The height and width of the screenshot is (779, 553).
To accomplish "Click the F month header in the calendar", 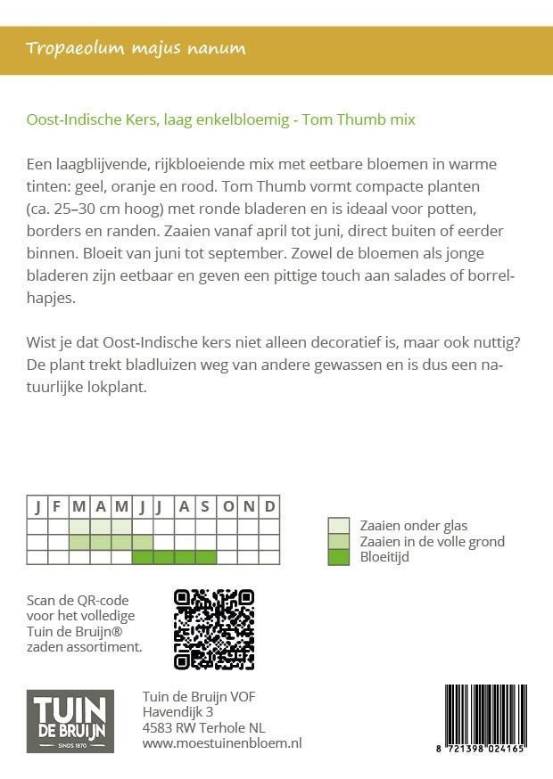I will pos(57,507).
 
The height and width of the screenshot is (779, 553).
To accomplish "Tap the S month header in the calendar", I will pos(206,507).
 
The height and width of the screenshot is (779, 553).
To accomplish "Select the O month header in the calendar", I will pos(227,507).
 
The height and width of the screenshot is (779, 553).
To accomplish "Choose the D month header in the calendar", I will pos(269,507).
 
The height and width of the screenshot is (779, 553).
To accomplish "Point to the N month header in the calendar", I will pos(249,507).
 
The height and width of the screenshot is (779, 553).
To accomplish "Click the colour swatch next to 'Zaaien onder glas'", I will pos(339,526).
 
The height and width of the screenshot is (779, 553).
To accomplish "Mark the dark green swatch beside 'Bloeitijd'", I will pos(339,557).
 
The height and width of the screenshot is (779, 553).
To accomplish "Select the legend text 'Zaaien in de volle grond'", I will pos(432,542).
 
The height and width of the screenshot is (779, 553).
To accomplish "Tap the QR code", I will pos(213,629).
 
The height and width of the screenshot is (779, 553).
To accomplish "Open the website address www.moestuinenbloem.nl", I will pos(222,743).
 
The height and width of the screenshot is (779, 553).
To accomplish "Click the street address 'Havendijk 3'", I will pos(177,712).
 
